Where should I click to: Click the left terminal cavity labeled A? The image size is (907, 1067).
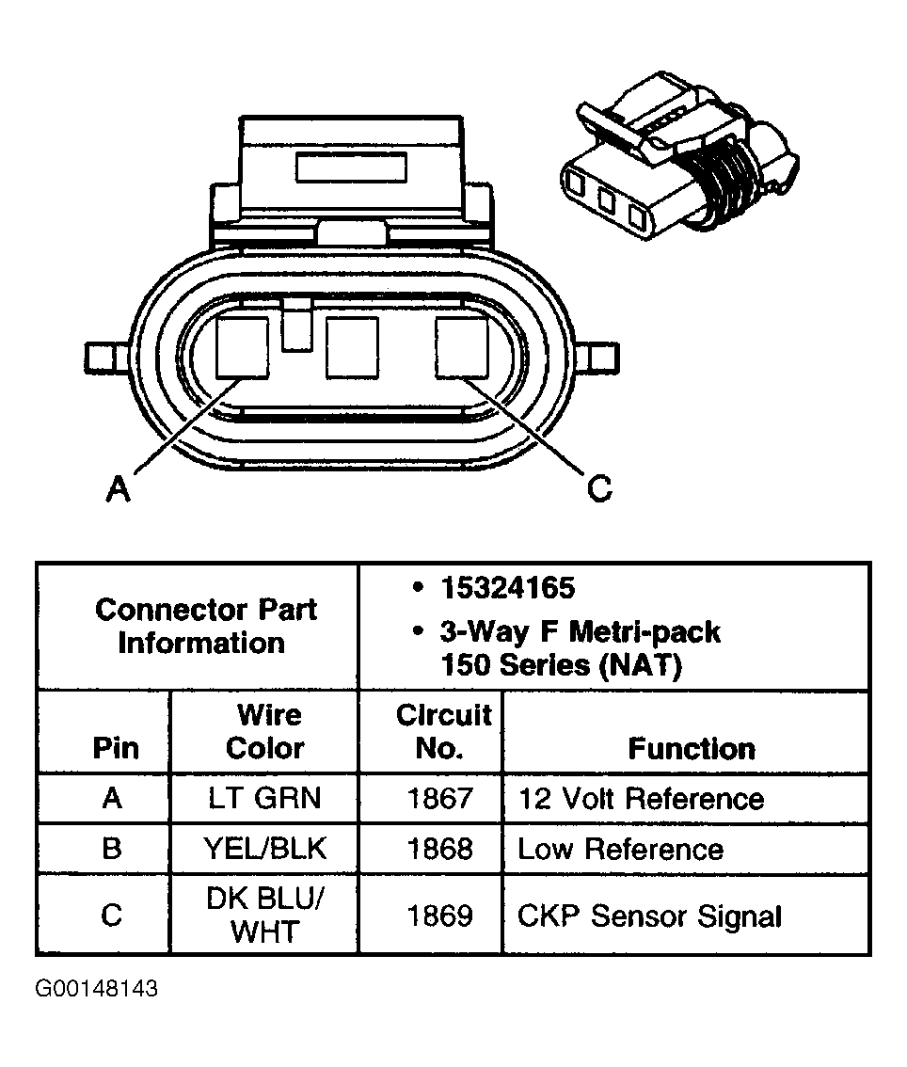pyautogui.click(x=243, y=347)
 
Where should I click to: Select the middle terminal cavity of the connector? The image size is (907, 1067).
pyautogui.click(x=352, y=348)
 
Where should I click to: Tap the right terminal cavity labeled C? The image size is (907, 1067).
pyautogui.click(x=461, y=347)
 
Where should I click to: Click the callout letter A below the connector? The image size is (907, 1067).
pyautogui.click(x=117, y=488)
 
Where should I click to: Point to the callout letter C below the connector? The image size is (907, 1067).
pyautogui.click(x=599, y=488)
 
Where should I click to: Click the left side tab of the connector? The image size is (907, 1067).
pyautogui.click(x=103, y=358)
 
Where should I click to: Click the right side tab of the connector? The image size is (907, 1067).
pyautogui.click(x=600, y=358)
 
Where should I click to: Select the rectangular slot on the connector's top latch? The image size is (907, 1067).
pyautogui.click(x=350, y=167)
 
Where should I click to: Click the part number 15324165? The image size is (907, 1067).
pyautogui.click(x=506, y=588)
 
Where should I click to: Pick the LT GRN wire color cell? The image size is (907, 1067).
pyautogui.click(x=264, y=799)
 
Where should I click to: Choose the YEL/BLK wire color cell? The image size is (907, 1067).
pyautogui.click(x=264, y=849)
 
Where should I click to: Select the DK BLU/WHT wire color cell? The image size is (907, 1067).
pyautogui.click(x=264, y=916)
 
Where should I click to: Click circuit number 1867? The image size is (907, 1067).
pyautogui.click(x=439, y=799)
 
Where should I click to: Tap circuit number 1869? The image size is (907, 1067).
pyautogui.click(x=439, y=916)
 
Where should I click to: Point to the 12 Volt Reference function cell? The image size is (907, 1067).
pyautogui.click(x=640, y=799)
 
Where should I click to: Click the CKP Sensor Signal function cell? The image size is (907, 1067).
pyautogui.click(x=649, y=916)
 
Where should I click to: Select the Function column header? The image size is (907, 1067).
pyautogui.click(x=692, y=749)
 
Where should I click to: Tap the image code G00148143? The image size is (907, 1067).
pyautogui.click(x=97, y=990)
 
